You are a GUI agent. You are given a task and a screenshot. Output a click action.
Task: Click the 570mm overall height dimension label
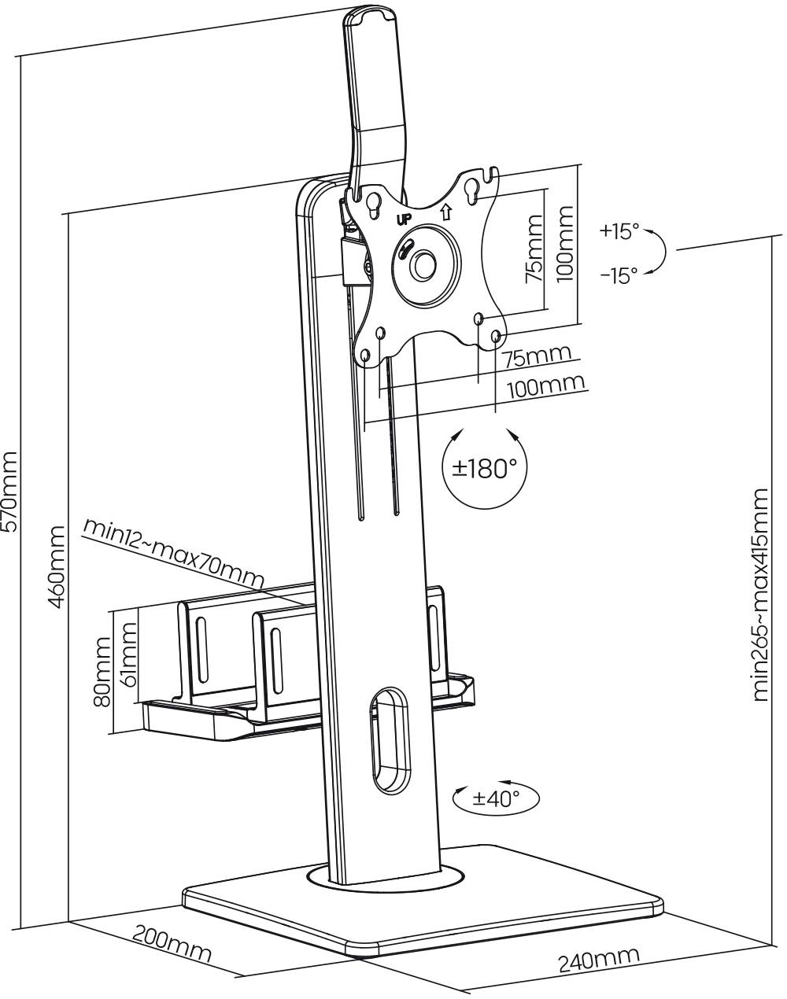click(9, 492)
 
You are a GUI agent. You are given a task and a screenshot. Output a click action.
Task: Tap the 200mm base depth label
click(171, 945)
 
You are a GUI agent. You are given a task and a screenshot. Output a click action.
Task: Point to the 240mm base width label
click(598, 960)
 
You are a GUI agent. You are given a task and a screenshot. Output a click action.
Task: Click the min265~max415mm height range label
click(760, 594)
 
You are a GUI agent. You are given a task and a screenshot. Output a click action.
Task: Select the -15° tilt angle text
click(619, 276)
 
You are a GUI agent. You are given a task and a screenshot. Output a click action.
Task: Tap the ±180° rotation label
click(485, 470)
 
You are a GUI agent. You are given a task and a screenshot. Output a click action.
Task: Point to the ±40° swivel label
click(496, 799)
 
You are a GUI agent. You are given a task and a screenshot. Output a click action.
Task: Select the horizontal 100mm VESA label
click(546, 386)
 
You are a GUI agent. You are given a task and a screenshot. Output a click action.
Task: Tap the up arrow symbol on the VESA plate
click(445, 211)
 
